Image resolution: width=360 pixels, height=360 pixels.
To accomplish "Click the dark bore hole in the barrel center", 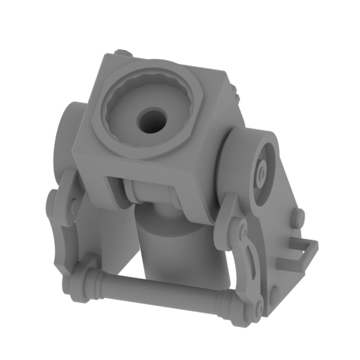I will coord(149,120).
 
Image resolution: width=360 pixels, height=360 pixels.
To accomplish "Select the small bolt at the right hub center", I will coord(262,171).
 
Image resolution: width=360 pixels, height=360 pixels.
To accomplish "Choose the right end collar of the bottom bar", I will coord(229,304).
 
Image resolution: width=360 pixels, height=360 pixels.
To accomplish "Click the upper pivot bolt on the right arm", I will coord(241,231).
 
